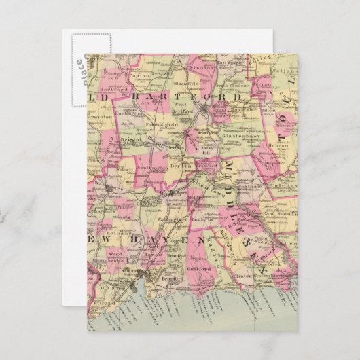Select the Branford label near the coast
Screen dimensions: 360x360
pyautogui.click(x=169, y=277)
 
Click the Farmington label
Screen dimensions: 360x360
pyautogui.click(x=163, y=124)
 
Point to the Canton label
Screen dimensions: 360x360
pyautogui.click(x=140, y=75)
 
